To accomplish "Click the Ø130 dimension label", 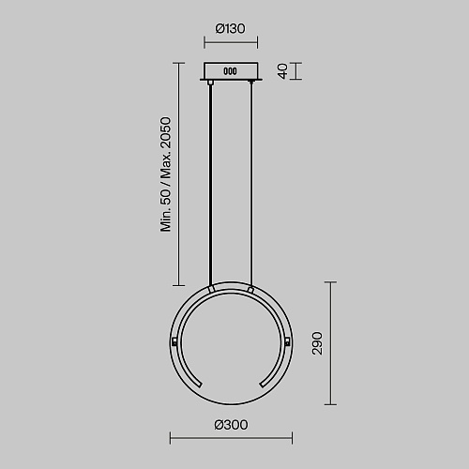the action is click(x=230, y=28).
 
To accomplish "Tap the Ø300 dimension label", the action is click(x=231, y=425).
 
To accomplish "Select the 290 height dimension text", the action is click(x=317, y=343).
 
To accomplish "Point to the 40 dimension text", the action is click(x=283, y=71).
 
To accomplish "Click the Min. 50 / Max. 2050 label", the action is click(x=166, y=174).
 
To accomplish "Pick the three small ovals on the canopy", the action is click(x=230, y=71).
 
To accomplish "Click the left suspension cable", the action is click(x=210, y=185).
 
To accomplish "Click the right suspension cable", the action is click(x=251, y=185).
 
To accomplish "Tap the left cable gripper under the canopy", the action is click(x=210, y=83).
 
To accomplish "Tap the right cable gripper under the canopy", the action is click(x=250, y=82).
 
